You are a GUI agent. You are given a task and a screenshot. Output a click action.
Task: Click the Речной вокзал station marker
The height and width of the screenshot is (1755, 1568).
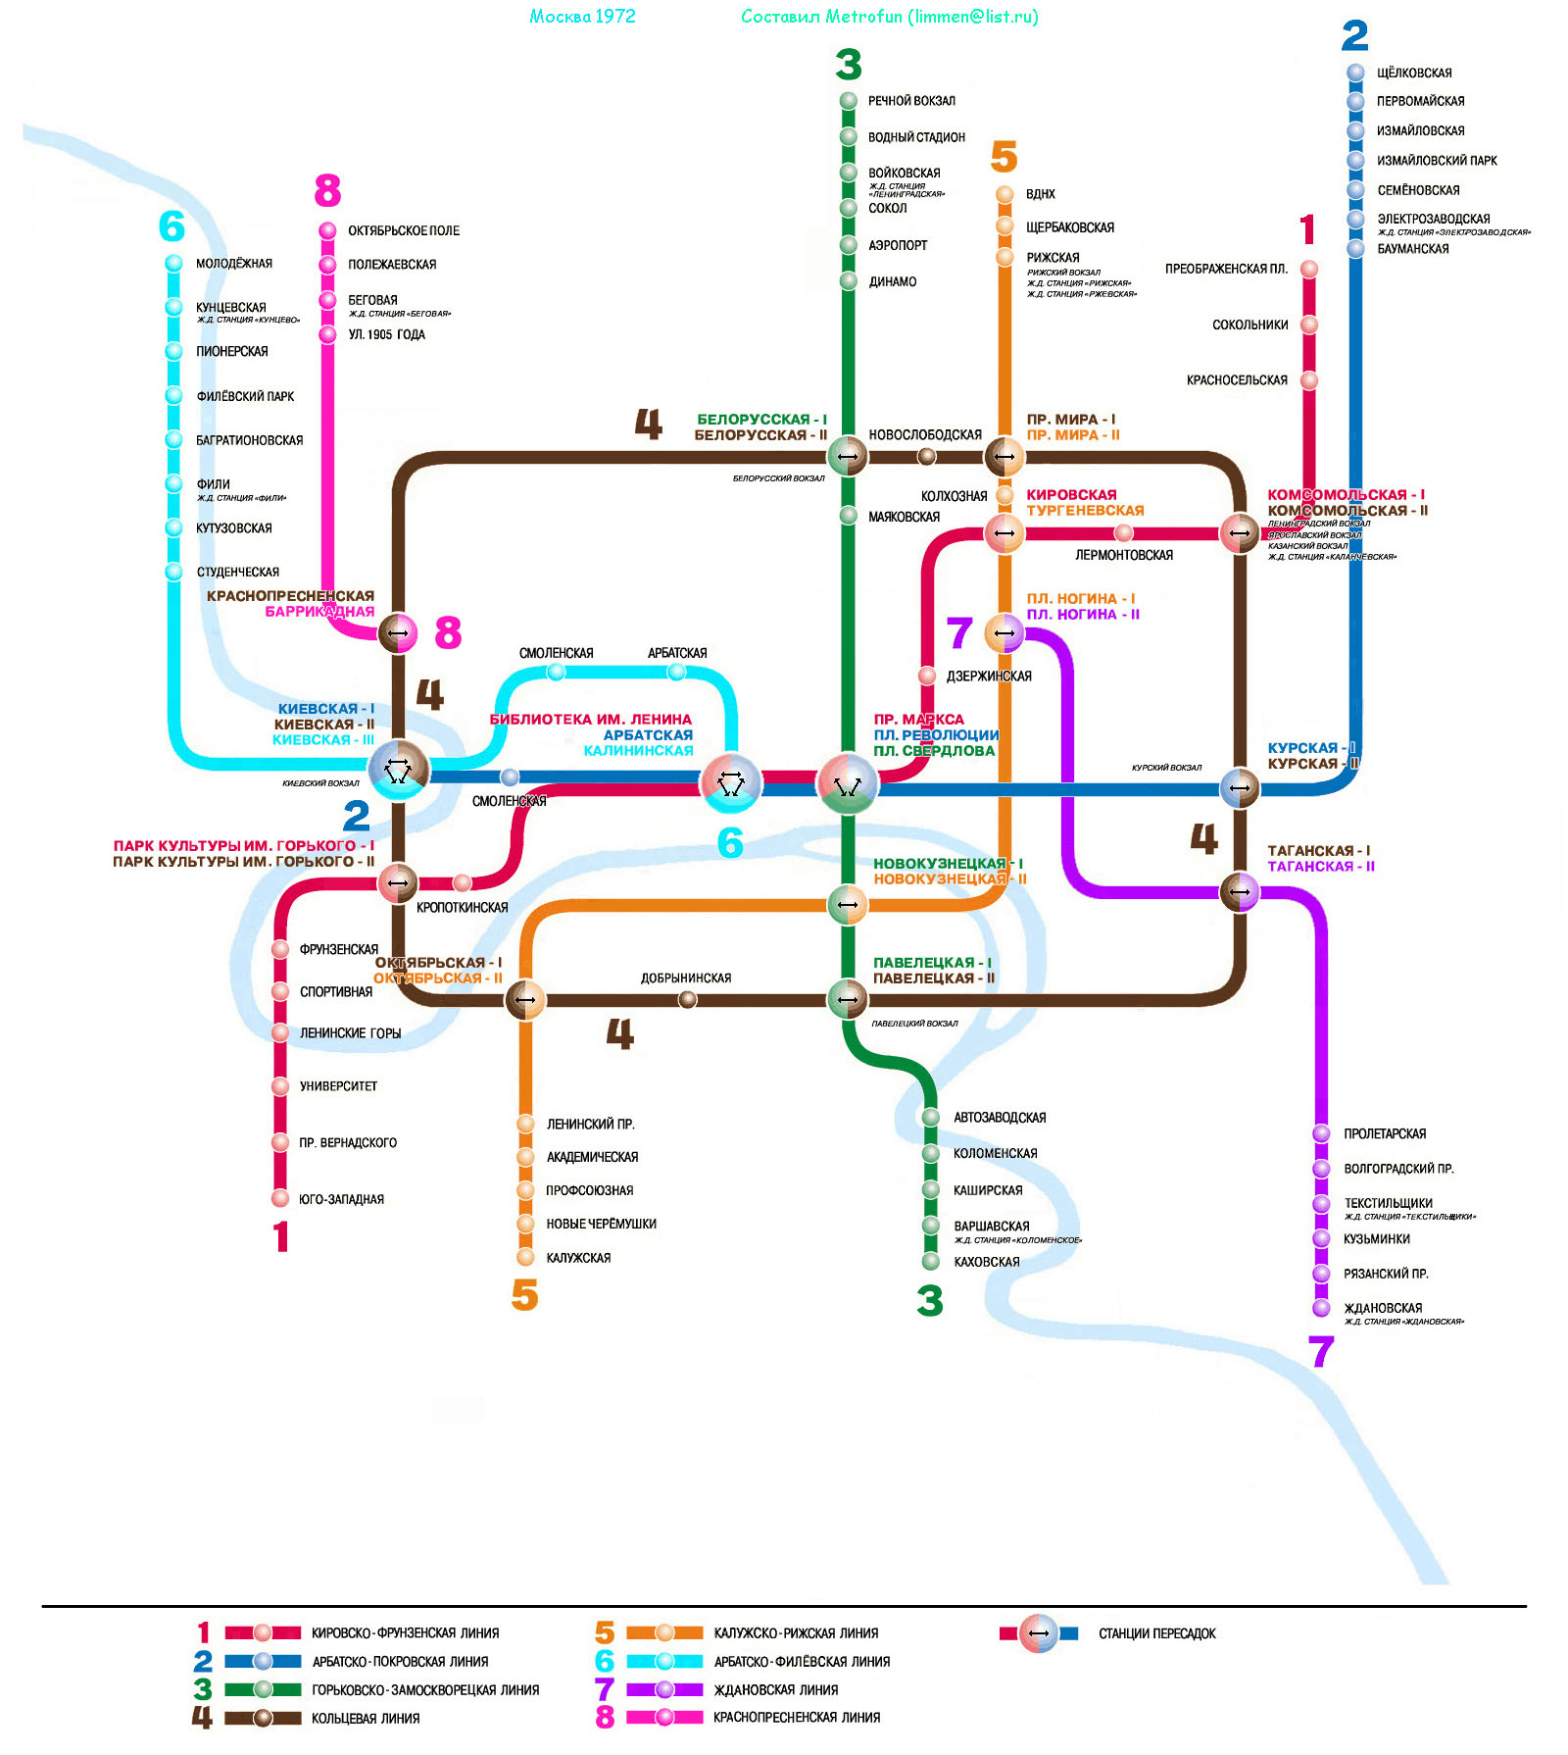pos(849,101)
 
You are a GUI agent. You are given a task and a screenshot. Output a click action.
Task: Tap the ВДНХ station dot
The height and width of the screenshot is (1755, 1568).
pos(1004,194)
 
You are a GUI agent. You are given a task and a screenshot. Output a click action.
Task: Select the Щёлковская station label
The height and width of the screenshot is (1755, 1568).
pos(1413,74)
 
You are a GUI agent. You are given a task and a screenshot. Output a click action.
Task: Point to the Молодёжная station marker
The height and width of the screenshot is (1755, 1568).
pos(173,263)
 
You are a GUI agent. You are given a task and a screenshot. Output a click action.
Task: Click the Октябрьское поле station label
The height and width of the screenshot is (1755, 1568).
pos(403,231)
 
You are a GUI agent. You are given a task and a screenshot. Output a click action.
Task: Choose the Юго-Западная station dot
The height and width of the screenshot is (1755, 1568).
pos(280,1198)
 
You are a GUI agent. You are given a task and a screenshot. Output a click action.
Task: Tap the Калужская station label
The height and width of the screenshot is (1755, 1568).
pos(578,1258)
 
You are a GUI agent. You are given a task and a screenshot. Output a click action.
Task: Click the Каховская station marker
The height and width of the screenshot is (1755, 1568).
pos(931,1262)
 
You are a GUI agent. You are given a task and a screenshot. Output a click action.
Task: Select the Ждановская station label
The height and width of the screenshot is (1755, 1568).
pos(1383,1308)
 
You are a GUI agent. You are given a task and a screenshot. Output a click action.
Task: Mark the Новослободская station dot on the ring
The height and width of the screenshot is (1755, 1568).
pos(926,456)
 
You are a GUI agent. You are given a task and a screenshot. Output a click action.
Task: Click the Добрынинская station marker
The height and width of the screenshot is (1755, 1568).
pos(688,999)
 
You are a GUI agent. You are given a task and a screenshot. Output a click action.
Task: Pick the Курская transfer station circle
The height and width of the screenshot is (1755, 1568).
pos(1240,787)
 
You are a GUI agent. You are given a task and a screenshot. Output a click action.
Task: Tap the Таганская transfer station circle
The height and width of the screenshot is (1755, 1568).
pos(1240,891)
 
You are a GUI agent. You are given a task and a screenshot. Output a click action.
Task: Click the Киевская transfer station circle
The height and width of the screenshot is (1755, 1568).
pos(398,771)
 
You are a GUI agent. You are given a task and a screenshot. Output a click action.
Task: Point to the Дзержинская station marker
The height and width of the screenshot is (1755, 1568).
pos(927,676)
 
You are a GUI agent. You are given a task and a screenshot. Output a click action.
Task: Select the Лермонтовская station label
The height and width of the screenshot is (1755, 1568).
pos(1124,555)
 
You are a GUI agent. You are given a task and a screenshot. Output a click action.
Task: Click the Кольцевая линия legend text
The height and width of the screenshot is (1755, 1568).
pos(366,1718)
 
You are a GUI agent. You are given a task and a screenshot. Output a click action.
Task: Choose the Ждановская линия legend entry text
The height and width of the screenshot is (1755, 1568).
pos(775,1689)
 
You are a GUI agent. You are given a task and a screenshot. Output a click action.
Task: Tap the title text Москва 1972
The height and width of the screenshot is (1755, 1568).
pos(582,17)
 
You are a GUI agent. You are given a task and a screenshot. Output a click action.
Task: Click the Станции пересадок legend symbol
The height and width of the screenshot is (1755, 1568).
pos(1039,1633)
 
